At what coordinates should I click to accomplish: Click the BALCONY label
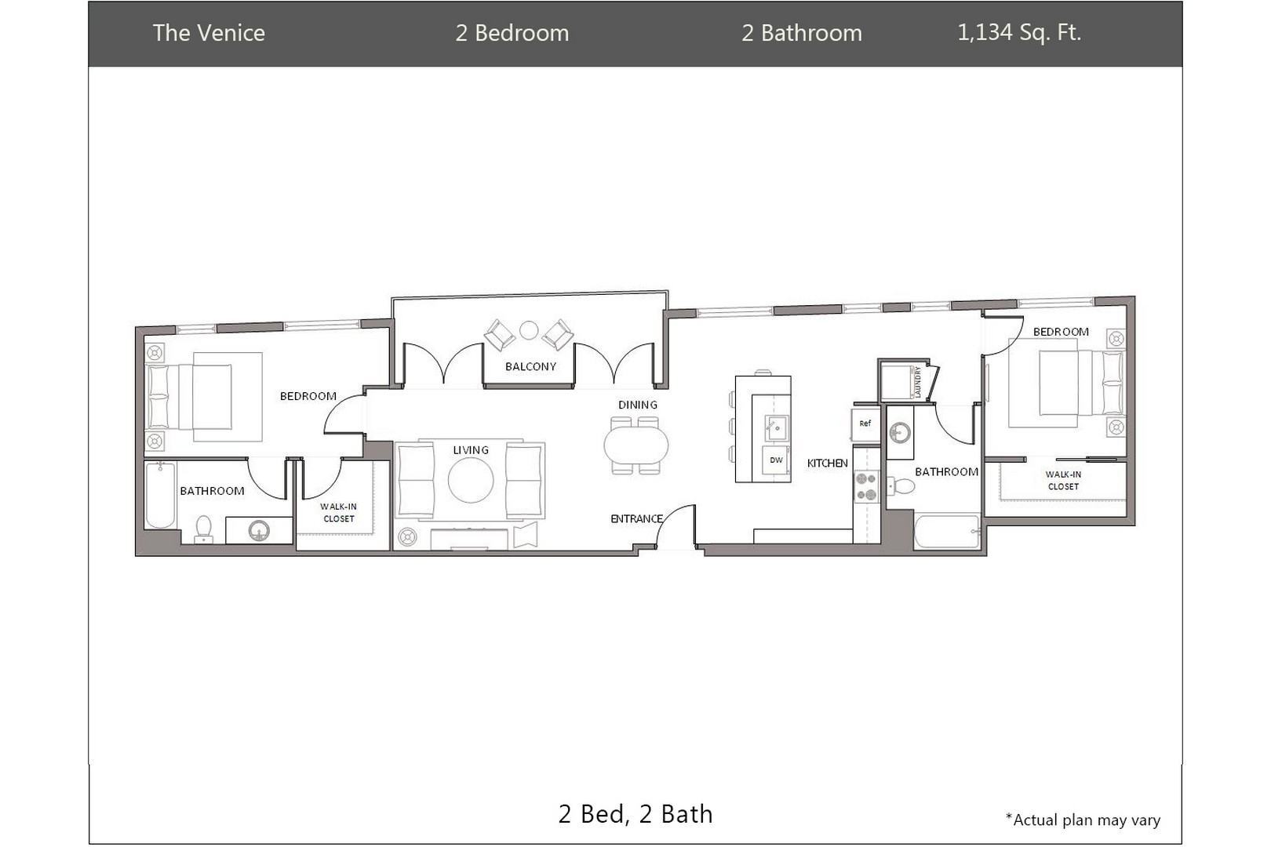pos(530,366)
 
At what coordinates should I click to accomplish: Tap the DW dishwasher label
pos(776,460)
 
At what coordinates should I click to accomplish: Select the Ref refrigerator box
pos(865,423)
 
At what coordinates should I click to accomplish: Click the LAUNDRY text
pos(918,382)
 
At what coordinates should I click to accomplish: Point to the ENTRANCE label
pos(636,518)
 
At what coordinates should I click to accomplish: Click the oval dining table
pos(636,446)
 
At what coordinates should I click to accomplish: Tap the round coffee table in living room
pos(471,480)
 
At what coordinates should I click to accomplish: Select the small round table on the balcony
pos(529,330)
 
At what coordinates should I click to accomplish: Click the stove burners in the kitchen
pos(867,487)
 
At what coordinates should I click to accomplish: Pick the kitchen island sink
pos(776,427)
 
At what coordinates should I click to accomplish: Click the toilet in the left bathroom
pos(203,529)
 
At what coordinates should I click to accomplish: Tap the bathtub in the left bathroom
pos(161,496)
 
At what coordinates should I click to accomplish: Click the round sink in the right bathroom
pos(900,434)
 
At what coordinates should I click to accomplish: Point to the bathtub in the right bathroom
pos(947,532)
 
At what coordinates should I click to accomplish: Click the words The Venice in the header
pos(209,33)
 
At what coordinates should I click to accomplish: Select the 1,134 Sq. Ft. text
pos(1019,32)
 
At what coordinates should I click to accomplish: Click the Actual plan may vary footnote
pos(1083,820)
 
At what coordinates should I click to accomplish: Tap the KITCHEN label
pos(827,463)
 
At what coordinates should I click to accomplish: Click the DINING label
pos(638,405)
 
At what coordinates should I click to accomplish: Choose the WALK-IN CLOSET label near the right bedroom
pos(1063,481)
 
